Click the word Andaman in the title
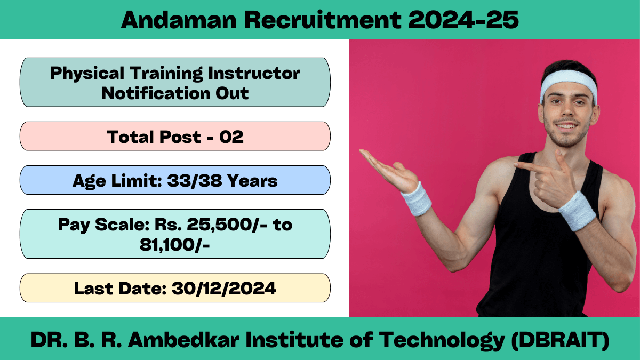(179, 20)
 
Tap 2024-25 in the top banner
(463, 20)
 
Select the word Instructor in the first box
(254, 73)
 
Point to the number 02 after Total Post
(231, 137)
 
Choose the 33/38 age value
(195, 181)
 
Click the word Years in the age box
(252, 181)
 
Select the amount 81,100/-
(175, 245)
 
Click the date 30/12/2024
(224, 289)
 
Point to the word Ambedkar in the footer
(183, 340)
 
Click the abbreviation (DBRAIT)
(560, 341)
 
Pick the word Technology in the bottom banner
(442, 341)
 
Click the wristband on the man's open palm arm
(417, 199)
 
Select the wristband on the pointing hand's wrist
(577, 211)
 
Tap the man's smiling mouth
(566, 125)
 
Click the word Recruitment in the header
(323, 20)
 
